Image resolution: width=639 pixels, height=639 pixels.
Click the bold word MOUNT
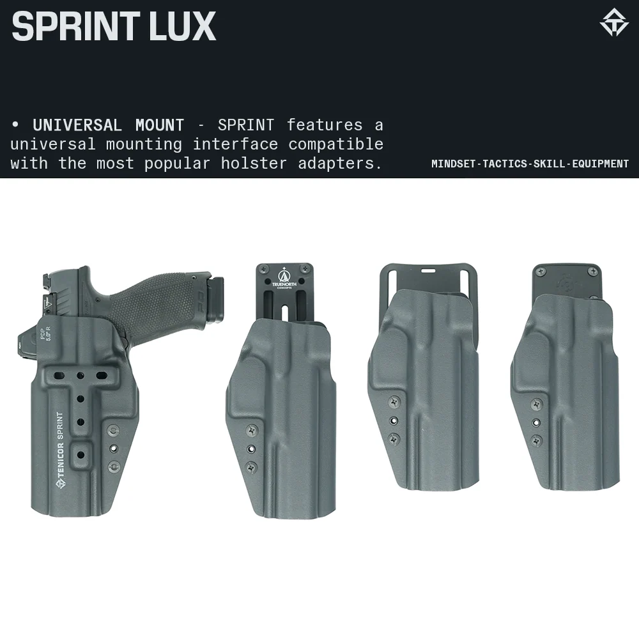click(x=160, y=125)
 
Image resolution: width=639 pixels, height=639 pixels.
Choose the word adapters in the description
click(x=340, y=164)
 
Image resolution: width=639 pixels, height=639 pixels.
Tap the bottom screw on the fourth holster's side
click(x=537, y=440)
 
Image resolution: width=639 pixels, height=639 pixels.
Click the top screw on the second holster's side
click(x=250, y=431)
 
